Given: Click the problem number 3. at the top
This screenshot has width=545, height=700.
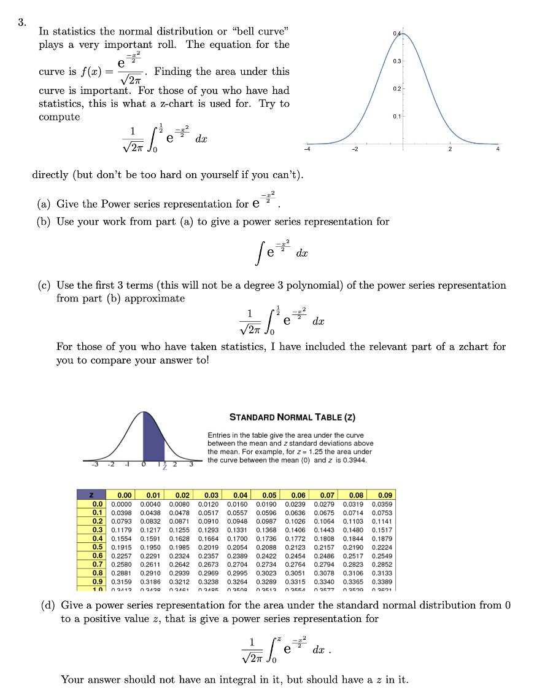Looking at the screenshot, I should [x=21, y=23].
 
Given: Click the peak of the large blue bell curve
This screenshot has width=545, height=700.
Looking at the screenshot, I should [x=404, y=31].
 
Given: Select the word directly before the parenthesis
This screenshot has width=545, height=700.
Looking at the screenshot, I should [x=50, y=175].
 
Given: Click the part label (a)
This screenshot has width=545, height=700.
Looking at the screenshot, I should [x=44, y=204].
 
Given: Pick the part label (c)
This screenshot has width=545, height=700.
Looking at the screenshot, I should [x=44, y=286].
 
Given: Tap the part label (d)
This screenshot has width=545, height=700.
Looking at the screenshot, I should [x=48, y=605].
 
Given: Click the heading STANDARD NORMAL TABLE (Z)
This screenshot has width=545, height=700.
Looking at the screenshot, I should [x=292, y=418].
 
